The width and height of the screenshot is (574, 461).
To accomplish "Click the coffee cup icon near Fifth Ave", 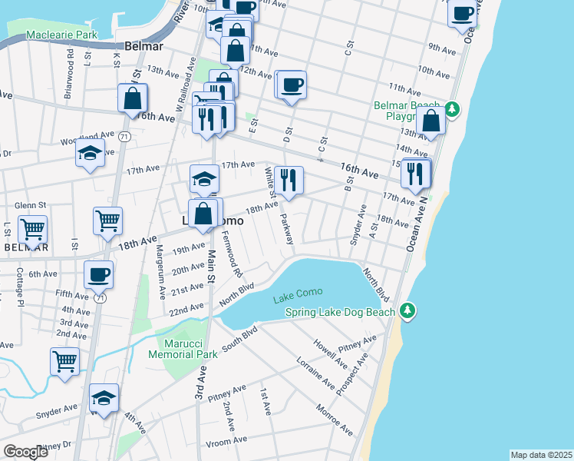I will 98,274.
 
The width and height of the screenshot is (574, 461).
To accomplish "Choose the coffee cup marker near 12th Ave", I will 292,84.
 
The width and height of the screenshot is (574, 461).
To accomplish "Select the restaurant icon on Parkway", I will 289,180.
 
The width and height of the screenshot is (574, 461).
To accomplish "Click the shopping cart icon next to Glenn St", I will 32,228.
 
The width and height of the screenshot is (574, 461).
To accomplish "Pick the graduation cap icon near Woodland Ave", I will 91,153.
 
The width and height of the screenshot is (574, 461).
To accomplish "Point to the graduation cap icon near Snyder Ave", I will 104,397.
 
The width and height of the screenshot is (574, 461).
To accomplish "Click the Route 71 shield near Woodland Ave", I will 124,135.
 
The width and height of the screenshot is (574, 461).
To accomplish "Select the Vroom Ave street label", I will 226,441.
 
